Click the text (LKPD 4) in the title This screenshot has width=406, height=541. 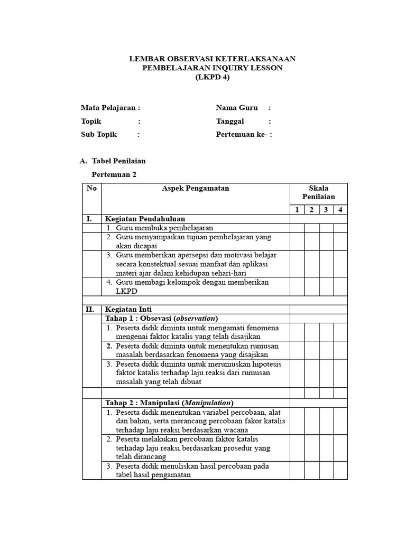tap(213, 77)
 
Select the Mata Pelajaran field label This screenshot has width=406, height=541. tap(110, 108)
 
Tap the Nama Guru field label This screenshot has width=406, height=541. tap(237, 108)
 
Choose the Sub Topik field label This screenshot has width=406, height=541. tap(99, 134)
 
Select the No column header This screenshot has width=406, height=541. tap(91, 189)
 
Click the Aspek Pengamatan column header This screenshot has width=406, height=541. tap(195, 189)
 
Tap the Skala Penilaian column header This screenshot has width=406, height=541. tap(318, 193)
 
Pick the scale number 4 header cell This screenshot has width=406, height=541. tap(340, 210)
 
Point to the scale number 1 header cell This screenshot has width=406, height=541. tap(297, 210)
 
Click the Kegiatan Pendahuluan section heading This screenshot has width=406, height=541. tap(145, 219)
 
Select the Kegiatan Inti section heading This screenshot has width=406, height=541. tap(129, 310)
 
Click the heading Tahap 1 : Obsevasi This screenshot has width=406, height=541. tap(162, 319)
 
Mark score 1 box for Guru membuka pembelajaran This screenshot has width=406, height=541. tap(297, 228)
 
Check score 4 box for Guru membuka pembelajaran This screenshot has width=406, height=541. tap(340, 228)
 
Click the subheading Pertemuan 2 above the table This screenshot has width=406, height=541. tap(114, 174)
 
